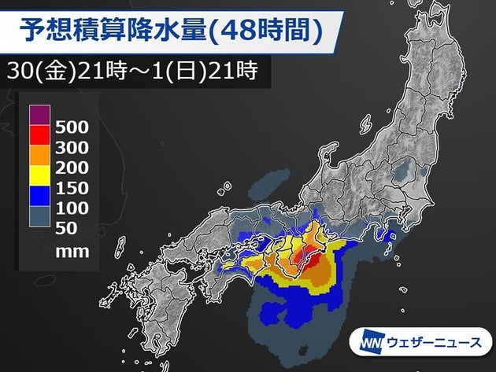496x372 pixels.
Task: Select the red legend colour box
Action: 40,136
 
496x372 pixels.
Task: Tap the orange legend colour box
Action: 40,157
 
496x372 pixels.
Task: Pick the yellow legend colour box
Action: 40,178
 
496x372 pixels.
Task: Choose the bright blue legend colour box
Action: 40,198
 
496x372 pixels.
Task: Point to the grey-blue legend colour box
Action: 40,219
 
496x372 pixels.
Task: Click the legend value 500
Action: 72,127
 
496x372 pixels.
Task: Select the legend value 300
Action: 72,147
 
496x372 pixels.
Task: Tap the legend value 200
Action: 72,168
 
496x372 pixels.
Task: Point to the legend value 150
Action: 72,189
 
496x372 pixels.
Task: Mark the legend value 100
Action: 72,209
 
